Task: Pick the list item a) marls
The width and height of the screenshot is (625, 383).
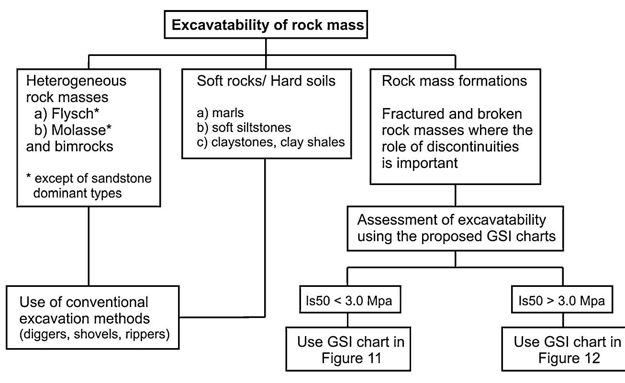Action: click(x=220, y=113)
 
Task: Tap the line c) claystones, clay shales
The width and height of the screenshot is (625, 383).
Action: click(x=270, y=142)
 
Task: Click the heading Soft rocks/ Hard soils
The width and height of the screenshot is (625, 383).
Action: click(x=266, y=81)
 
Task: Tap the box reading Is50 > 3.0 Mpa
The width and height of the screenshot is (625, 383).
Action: click(x=562, y=301)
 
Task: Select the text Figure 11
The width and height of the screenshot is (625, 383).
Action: click(x=351, y=358)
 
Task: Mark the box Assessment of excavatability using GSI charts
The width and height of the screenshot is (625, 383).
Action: click(x=455, y=228)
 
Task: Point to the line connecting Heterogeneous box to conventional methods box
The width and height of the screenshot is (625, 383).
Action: click(x=89, y=249)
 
